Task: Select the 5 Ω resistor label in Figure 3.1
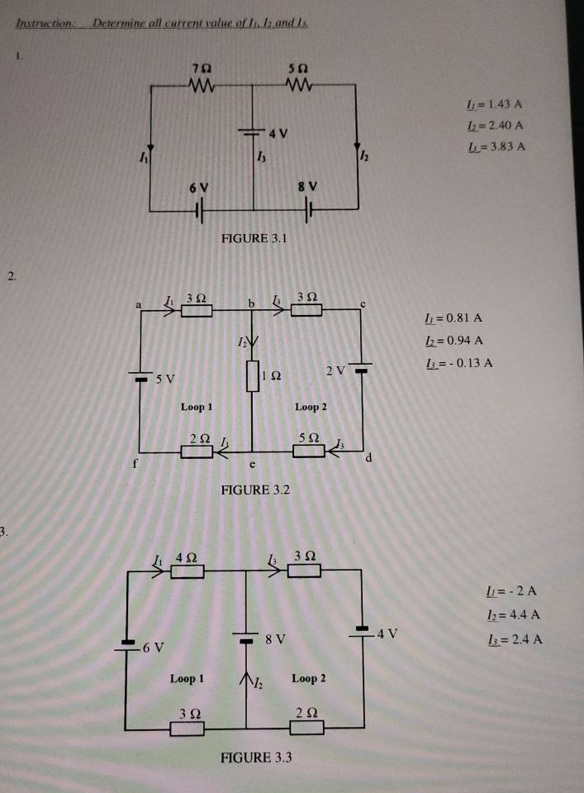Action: (297, 65)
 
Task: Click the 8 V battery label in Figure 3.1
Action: (311, 188)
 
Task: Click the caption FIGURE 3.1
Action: (253, 238)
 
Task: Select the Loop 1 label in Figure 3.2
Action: (197, 407)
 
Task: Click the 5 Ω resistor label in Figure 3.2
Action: (307, 437)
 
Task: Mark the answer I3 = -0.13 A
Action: (458, 362)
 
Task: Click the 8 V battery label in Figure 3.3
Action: (275, 639)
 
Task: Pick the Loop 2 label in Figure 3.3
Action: (308, 678)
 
